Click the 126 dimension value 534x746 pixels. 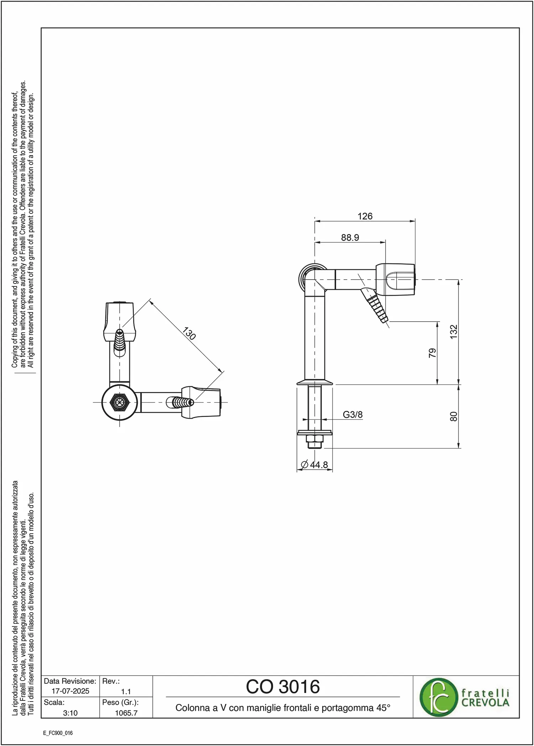coord(365,216)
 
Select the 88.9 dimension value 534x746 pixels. coord(350,238)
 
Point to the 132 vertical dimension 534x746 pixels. coord(454,332)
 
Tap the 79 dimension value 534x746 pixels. coord(432,353)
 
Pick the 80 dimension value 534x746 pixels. coord(454,417)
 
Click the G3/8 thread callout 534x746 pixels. coord(352,414)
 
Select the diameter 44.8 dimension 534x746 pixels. coord(314,465)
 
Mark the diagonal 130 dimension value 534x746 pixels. coord(189,334)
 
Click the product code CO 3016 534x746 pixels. coord(283,687)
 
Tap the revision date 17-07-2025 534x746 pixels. coord(70,691)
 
